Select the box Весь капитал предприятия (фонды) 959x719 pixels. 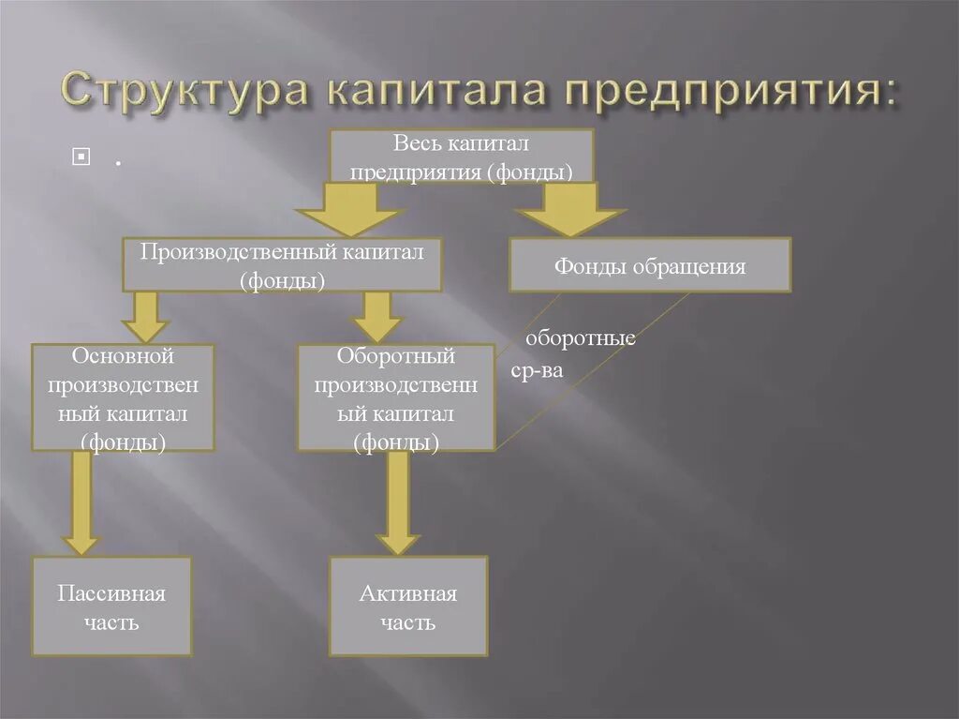click(462, 156)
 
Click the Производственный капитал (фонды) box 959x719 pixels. click(282, 264)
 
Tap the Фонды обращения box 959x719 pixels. click(650, 265)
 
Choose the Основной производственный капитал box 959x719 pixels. click(123, 397)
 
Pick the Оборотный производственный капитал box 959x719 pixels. click(396, 397)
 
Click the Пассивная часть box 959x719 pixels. click(111, 607)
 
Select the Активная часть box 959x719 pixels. click(408, 607)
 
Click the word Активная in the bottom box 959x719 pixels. click(408, 594)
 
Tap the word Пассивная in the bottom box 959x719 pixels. click(111, 594)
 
